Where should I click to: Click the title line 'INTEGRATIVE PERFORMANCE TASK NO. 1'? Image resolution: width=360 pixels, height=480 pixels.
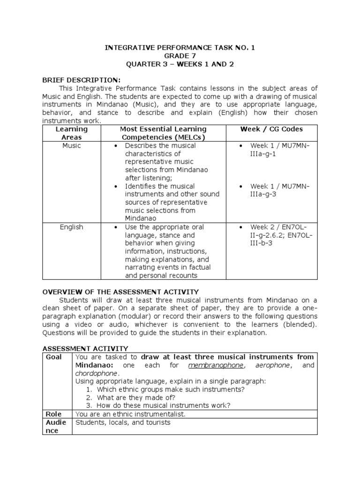click(180, 48)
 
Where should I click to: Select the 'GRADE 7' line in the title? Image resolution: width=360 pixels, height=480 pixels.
click(180, 56)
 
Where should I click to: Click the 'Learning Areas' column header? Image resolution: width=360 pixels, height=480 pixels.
click(72, 133)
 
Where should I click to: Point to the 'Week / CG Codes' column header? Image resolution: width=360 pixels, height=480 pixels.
click(271, 129)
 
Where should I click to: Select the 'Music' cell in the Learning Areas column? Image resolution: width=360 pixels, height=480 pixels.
click(72, 146)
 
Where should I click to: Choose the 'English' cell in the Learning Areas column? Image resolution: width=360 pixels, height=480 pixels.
click(72, 227)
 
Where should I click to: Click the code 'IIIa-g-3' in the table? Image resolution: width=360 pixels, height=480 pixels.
click(263, 195)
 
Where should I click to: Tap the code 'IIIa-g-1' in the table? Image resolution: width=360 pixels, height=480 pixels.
click(263, 154)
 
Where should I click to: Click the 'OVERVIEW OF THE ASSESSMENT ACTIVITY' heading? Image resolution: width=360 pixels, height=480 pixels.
click(121, 292)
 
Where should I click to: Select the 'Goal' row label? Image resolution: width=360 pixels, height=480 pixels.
click(54, 357)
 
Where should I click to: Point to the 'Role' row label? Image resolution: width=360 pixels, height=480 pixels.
click(54, 414)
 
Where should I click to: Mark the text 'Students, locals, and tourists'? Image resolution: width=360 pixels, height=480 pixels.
click(123, 423)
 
